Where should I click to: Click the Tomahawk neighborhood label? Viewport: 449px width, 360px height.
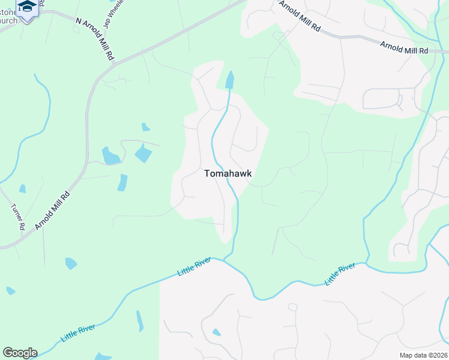coord(228,173)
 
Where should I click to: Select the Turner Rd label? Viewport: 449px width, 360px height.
coord(17,217)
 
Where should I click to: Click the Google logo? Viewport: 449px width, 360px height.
coord(20,353)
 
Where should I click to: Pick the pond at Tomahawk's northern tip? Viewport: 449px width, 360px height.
coord(229,80)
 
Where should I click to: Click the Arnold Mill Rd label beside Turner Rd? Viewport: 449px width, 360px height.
coord(52,210)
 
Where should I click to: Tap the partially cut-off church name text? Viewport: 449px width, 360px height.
coord(8,16)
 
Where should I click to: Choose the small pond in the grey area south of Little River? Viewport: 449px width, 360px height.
coord(216,332)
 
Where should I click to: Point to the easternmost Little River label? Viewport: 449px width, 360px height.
coord(340,274)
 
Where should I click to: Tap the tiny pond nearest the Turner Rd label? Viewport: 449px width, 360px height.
coord(22,189)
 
